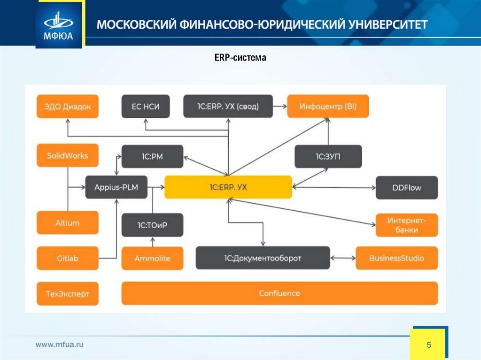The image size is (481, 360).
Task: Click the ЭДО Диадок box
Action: coord(68,106)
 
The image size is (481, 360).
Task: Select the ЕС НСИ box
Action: coord(146,106)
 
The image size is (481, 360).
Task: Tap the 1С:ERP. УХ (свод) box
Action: coord(228,106)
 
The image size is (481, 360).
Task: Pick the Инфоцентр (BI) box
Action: coord(328,106)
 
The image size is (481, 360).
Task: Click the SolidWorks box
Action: coord(68,155)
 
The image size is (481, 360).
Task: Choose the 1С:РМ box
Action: coord(152,156)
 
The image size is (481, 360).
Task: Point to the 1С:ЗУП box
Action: coord(328,156)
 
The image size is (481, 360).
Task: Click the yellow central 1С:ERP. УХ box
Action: coord(228,188)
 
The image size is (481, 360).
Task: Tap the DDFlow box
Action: coord(407,188)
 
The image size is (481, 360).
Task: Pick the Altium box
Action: coord(68,223)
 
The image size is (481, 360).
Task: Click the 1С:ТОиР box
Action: coord(152,225)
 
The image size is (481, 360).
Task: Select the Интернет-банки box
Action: coord(407,225)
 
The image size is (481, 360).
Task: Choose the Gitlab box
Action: coord(68,258)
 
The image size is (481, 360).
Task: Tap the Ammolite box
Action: coord(152,258)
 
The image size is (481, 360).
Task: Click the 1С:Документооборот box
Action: coord(263,258)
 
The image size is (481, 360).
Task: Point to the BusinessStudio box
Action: coord(396,258)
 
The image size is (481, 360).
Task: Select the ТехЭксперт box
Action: coord(68,294)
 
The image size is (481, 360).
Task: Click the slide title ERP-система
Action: coord(237,58)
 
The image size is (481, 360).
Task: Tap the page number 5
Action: coord(428,345)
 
